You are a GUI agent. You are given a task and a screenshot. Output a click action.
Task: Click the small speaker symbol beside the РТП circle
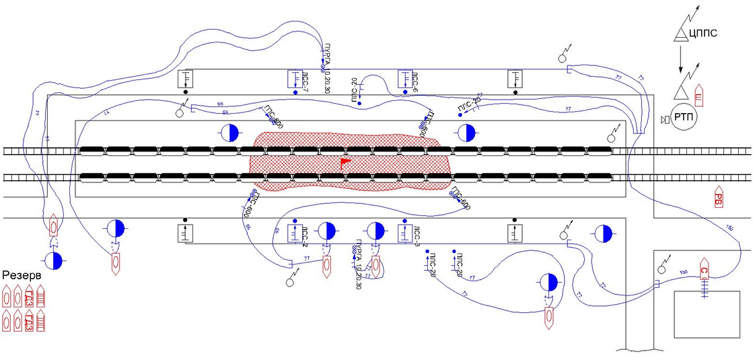tap(665, 119)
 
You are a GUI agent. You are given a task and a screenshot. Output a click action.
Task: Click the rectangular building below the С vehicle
tap(703, 314)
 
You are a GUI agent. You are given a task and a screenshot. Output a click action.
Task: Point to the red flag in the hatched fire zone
tap(345, 161)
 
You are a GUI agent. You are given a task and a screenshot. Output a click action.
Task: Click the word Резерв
tap(21, 275)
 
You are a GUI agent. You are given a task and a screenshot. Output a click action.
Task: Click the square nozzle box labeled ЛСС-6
tap(405, 79)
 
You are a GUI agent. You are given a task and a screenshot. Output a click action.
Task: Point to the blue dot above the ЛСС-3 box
tap(405, 221)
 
